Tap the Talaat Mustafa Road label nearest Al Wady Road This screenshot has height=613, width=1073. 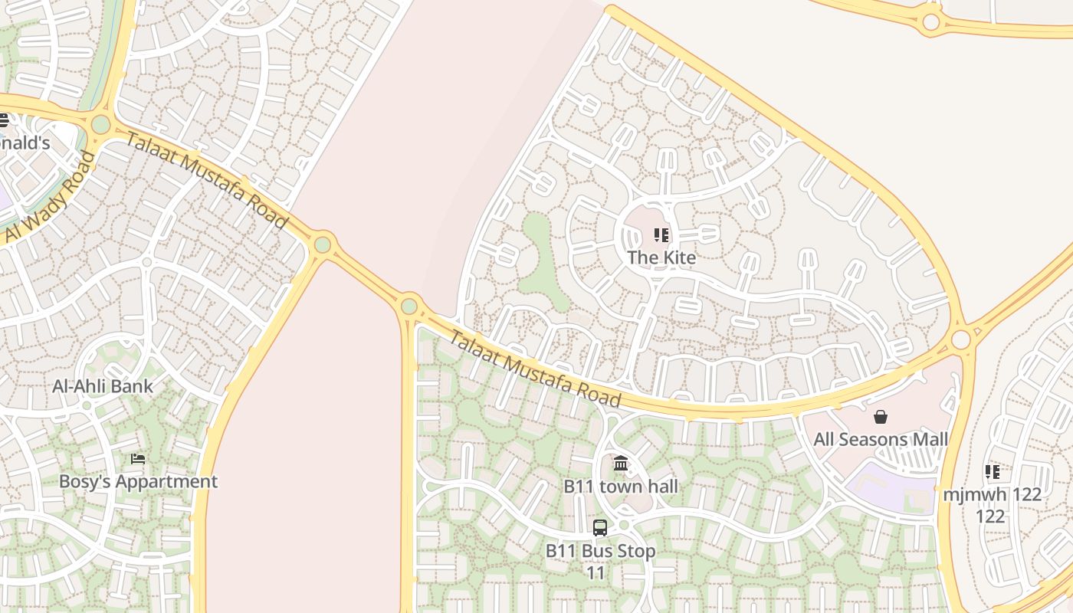(206, 181)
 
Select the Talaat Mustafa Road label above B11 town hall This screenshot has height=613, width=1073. (534, 369)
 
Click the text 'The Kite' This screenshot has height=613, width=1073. (661, 257)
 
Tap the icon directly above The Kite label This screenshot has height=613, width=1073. (661, 235)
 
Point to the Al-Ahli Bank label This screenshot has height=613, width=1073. (103, 386)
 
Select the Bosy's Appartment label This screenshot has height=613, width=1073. (139, 482)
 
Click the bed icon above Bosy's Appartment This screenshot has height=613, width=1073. (138, 459)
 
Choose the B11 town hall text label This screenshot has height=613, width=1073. (621, 487)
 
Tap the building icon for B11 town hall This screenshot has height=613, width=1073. (621, 464)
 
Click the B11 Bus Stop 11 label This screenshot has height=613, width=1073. (600, 562)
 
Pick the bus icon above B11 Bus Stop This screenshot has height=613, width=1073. (600, 528)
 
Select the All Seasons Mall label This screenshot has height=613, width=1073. (881, 440)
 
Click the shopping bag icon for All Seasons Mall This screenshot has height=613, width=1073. (881, 417)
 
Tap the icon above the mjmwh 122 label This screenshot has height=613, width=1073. (993, 472)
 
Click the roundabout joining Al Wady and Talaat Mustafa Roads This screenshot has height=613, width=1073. (100, 125)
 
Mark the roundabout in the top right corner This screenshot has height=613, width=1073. (931, 22)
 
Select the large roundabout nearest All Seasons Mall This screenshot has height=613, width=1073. (960, 339)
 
